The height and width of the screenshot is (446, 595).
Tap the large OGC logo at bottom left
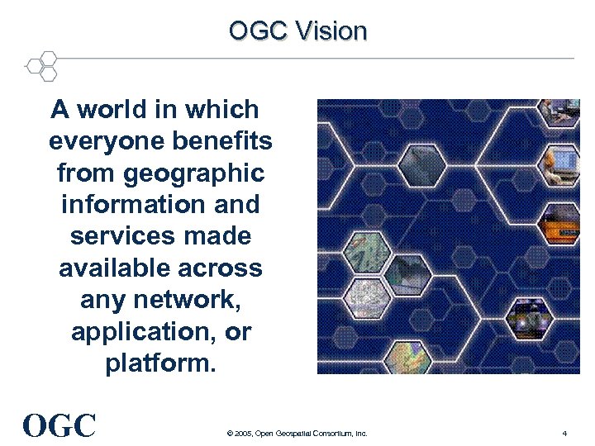click(60, 425)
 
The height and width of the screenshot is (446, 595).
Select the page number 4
click(564, 434)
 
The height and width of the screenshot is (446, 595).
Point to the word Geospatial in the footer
click(296, 434)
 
